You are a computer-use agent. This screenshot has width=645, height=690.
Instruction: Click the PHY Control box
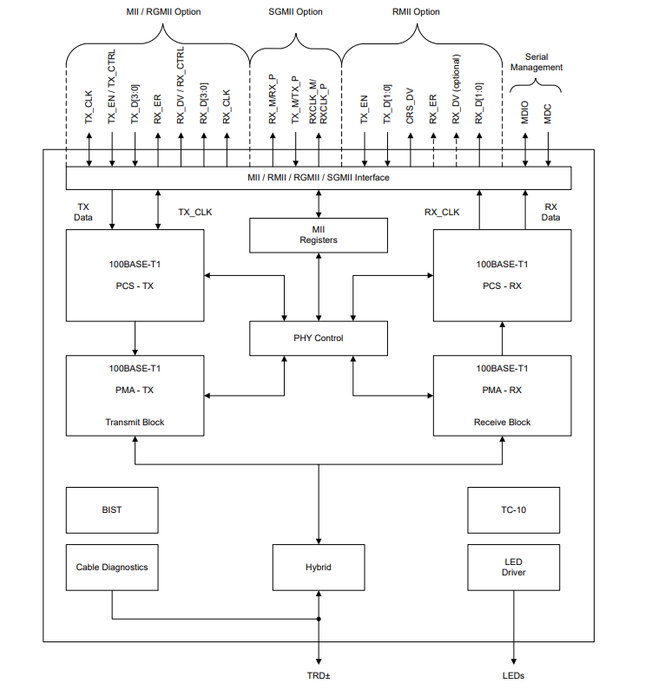319,338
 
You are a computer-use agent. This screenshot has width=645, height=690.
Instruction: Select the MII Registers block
319,235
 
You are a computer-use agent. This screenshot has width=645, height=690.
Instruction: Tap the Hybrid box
319,568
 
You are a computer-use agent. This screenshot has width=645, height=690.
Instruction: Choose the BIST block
112,510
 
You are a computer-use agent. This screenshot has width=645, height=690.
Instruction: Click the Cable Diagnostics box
112,568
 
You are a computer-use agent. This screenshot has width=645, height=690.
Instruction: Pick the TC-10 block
513,510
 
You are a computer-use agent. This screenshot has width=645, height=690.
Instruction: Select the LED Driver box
513,568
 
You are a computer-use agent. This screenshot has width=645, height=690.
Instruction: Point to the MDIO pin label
525,112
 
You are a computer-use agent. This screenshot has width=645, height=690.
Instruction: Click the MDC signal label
548,114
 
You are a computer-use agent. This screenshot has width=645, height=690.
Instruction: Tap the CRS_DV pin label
410,106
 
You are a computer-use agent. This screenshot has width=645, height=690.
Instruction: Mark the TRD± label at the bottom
319,675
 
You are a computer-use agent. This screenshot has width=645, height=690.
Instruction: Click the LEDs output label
513,675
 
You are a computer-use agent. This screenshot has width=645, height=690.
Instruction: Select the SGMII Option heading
295,12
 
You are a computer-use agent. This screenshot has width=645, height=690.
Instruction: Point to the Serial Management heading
536,62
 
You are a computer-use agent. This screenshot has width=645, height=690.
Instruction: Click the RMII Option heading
416,12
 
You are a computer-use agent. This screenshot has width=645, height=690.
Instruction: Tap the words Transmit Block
135,422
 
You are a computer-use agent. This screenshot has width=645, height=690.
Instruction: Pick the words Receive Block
502,422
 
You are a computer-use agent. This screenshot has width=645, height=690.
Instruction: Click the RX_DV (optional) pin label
456,89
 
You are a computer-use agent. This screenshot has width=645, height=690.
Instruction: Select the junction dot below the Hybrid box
319,619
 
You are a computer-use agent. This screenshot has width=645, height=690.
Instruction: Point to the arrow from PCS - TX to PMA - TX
135,338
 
